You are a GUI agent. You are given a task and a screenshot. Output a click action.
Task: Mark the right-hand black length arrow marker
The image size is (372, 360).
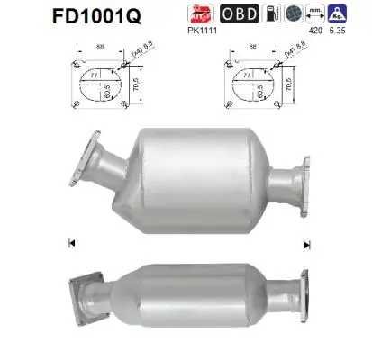[306, 244]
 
